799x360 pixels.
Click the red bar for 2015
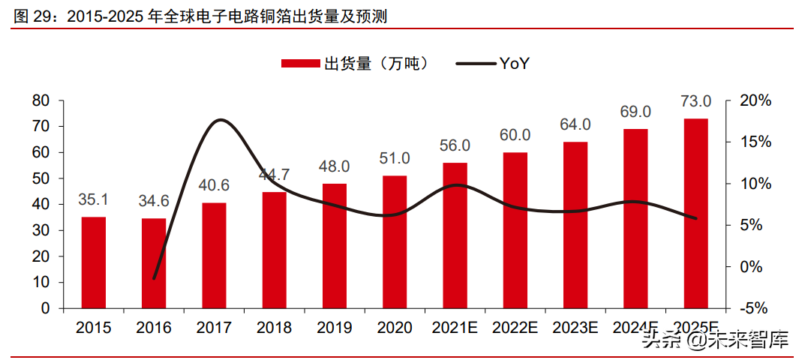(94, 262)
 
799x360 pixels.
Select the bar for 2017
(214, 255)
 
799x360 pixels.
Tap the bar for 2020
(395, 241)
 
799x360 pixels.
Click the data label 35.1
(94, 200)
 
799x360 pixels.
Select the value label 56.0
(455, 145)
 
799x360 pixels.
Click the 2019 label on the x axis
(335, 328)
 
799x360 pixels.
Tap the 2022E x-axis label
(515, 328)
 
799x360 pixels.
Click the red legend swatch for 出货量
(300, 64)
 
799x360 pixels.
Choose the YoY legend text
(515, 64)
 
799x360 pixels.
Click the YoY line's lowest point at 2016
(155, 278)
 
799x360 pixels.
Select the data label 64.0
(575, 124)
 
